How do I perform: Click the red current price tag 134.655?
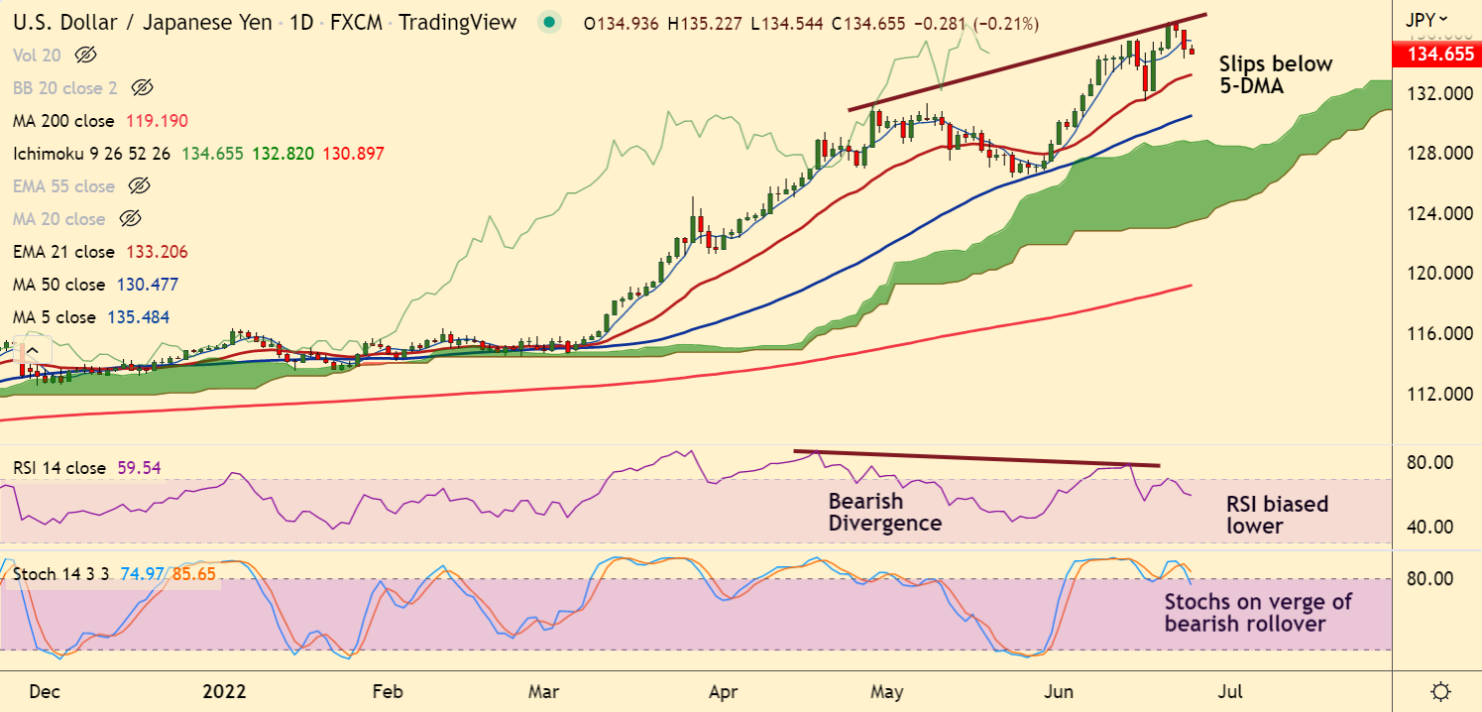tap(1437, 55)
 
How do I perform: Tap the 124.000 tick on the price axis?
tap(1436, 214)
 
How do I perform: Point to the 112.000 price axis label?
tap(1436, 394)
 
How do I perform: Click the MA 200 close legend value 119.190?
tap(157, 121)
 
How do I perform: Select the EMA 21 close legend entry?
tap(63, 252)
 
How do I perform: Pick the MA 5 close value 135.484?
tap(143, 317)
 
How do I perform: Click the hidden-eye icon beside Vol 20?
tap(86, 56)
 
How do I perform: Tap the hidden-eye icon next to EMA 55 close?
tap(140, 186)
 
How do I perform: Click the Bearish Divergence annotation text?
tap(884, 511)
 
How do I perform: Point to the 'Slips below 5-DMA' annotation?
tap(1275, 74)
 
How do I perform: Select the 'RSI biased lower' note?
tap(1277, 515)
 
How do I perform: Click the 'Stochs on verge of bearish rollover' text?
tap(1258, 613)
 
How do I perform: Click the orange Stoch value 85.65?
tap(194, 574)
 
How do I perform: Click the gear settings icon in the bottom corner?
tap(1442, 690)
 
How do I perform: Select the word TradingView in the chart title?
tap(457, 22)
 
